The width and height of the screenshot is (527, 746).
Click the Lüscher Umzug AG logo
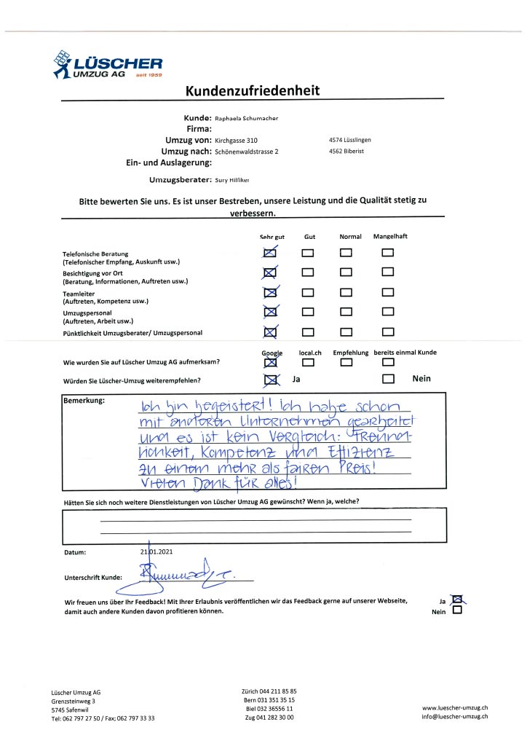(107, 64)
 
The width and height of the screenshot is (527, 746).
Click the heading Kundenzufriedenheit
(253, 91)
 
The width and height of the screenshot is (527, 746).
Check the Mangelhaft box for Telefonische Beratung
(388, 253)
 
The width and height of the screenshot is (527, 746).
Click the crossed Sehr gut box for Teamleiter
(270, 293)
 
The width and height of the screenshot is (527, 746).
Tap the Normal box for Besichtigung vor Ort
(346, 272)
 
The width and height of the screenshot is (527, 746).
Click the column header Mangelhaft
(390, 237)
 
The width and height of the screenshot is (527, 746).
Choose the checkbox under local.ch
(309, 362)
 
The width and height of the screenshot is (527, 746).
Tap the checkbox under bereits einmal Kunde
(388, 362)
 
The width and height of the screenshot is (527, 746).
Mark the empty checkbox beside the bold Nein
(388, 379)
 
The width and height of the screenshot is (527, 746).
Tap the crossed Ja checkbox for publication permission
(457, 600)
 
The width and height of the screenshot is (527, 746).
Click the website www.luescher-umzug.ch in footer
(454, 707)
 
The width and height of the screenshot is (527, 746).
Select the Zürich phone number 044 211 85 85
(269, 690)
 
